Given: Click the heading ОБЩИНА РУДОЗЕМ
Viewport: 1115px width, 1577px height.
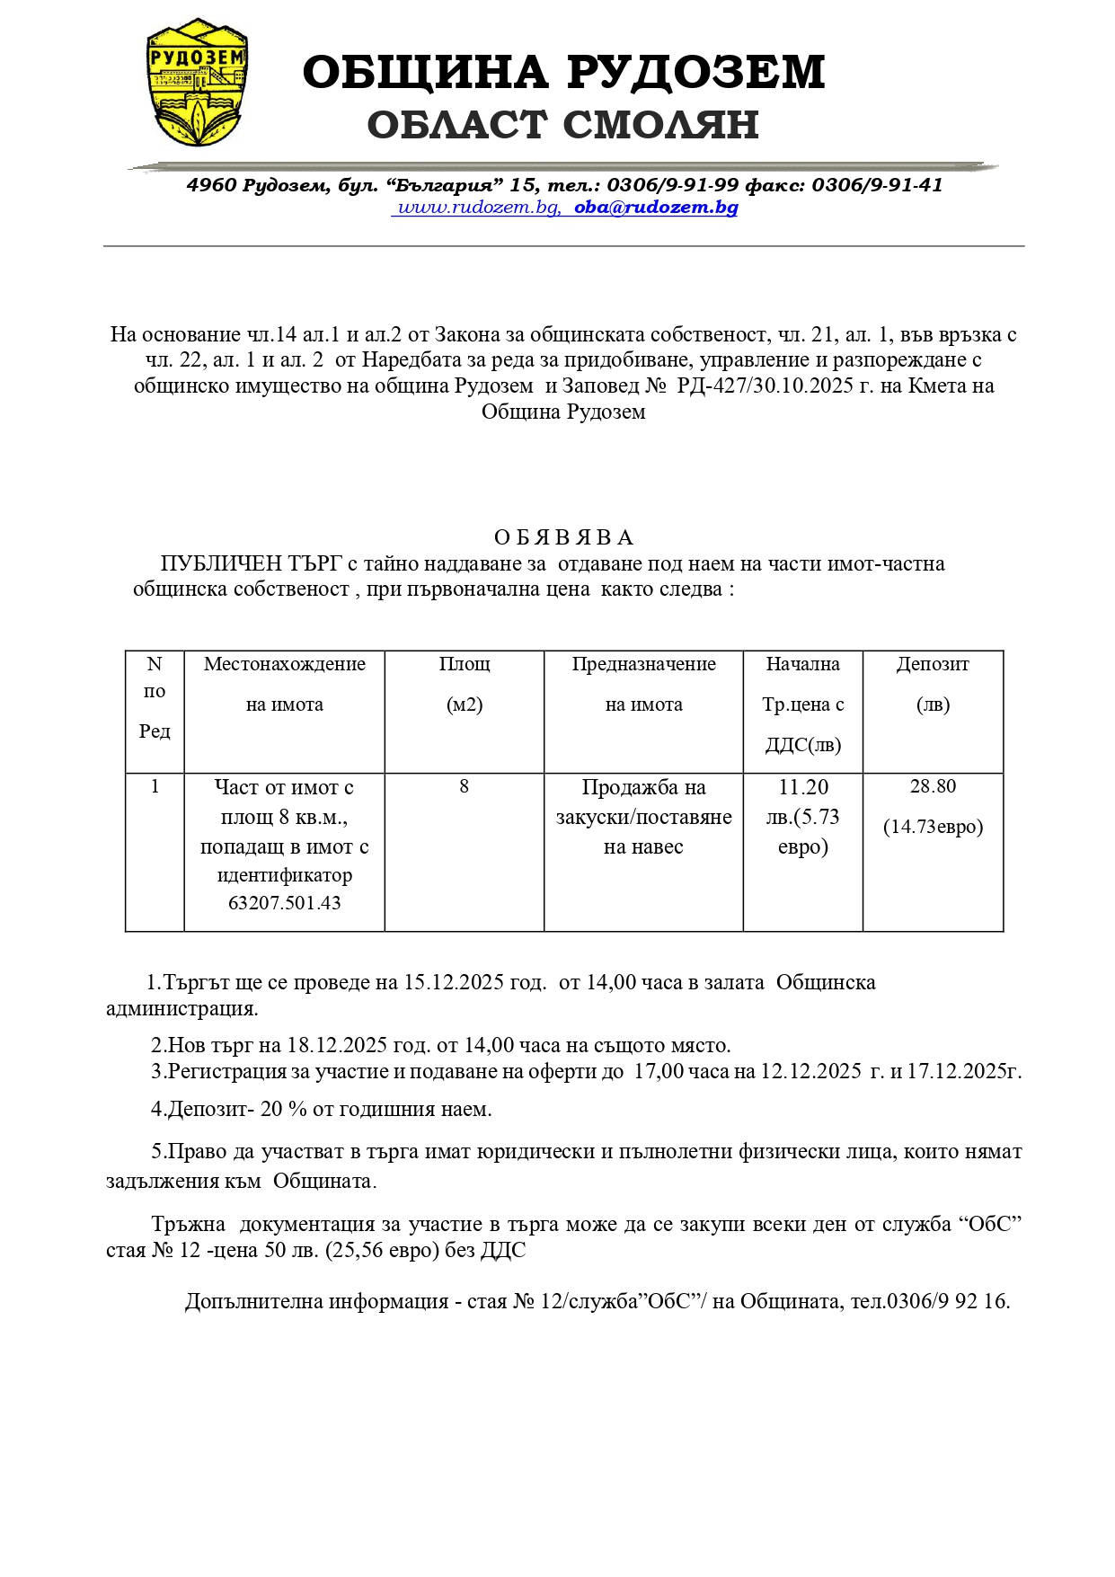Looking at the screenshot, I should point(563,72).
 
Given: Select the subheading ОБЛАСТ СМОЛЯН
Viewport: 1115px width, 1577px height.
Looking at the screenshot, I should point(563,125).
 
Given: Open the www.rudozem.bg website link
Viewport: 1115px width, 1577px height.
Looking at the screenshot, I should point(478,208).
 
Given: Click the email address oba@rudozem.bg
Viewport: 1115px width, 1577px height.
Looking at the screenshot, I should point(656,208).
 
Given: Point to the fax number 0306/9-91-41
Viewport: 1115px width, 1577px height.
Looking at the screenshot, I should point(877,185).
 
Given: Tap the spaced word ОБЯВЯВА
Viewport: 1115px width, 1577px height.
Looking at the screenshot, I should point(563,537).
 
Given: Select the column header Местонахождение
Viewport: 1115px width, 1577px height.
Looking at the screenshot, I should point(285,664).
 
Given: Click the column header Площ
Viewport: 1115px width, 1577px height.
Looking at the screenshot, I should point(465,664).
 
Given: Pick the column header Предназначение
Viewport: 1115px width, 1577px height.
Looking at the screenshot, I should point(643,664).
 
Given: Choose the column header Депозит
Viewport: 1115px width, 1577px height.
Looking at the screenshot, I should point(933,664).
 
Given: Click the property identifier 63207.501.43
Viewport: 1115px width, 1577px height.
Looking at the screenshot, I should point(285,903).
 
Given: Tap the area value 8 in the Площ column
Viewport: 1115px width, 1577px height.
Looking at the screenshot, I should point(465,787).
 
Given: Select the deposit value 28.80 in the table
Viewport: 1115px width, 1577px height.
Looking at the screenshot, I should point(933,787).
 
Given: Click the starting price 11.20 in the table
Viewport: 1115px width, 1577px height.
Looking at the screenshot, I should point(803,788).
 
